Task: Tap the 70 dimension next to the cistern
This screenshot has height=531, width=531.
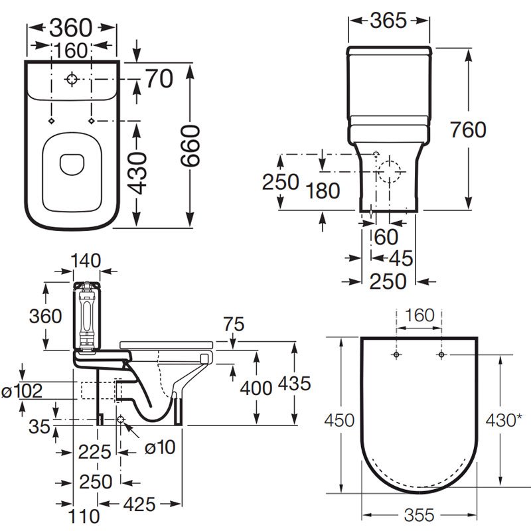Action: (159, 78)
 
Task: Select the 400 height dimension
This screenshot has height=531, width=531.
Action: (256, 388)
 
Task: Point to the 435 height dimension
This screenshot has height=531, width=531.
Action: (295, 383)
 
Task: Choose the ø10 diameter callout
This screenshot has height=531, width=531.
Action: (159, 447)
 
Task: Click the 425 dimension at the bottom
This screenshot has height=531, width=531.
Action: (138, 504)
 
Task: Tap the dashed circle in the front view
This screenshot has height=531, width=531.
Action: (392, 171)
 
